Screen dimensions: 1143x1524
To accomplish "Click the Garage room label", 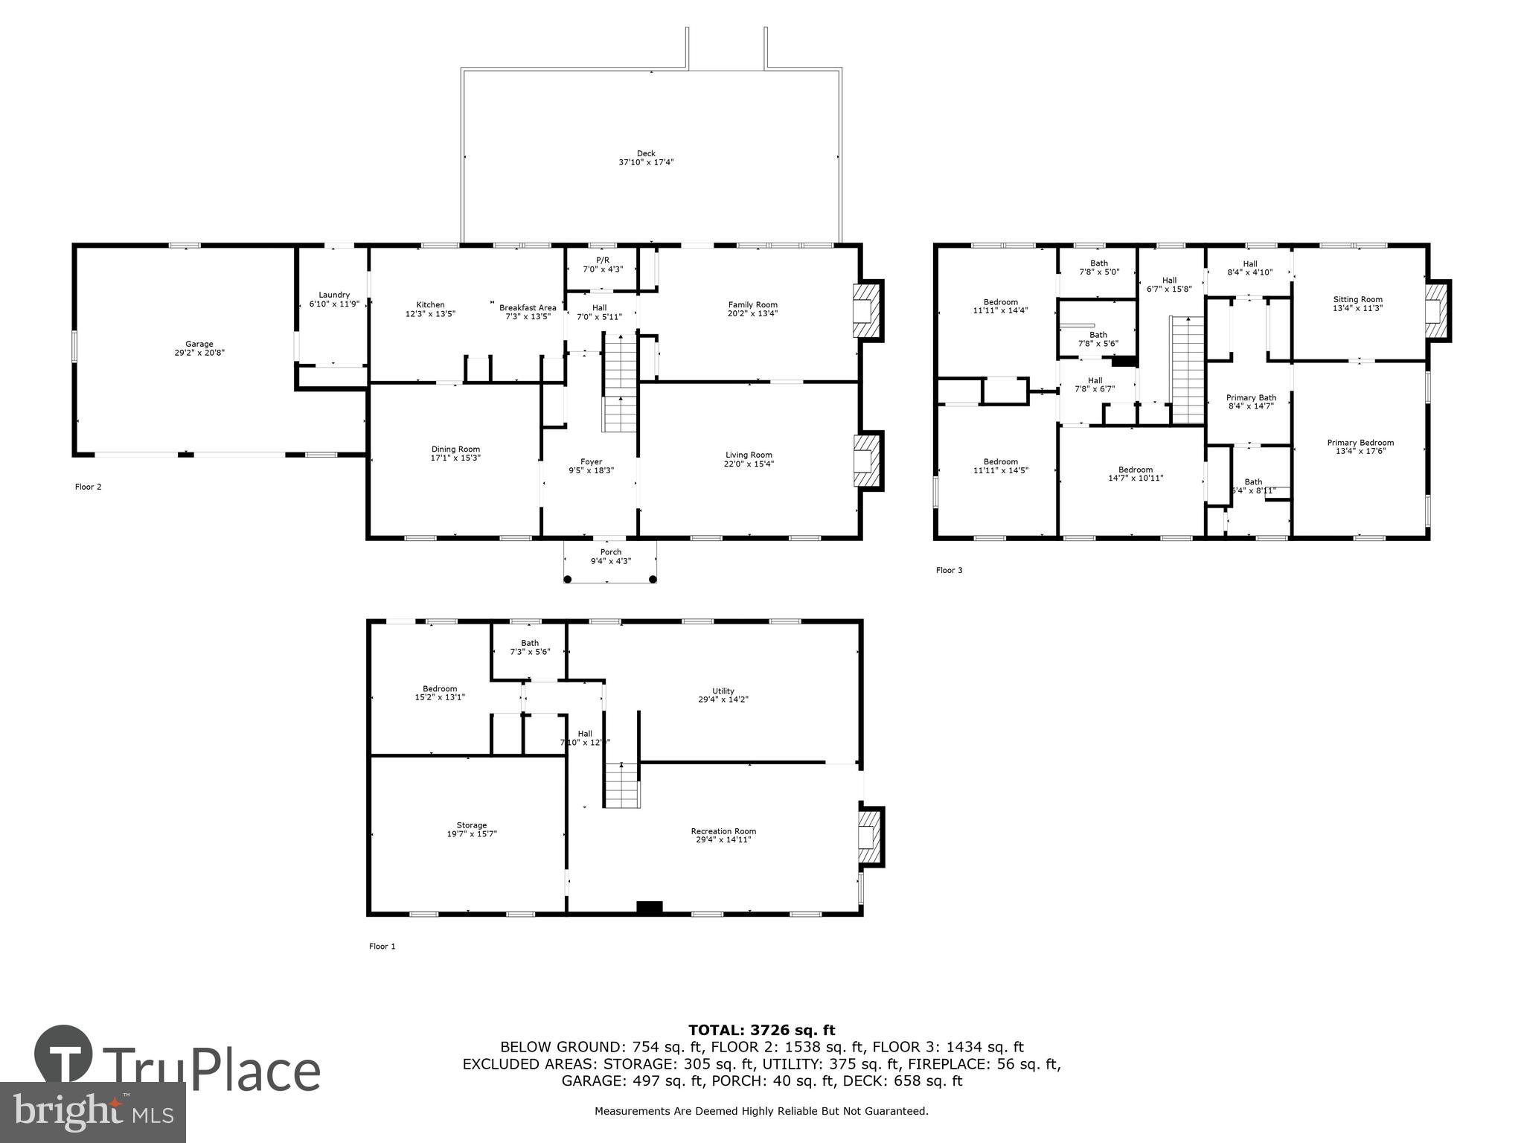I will [x=199, y=344].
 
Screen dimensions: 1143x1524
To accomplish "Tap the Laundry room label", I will [x=334, y=295].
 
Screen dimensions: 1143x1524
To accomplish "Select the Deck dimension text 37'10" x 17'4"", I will [x=646, y=162].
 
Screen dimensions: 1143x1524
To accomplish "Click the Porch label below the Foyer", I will [x=610, y=552].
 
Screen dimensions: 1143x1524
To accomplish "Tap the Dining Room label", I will [x=455, y=449].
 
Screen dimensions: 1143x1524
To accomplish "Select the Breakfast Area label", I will [x=528, y=307].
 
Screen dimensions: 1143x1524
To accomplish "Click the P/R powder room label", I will [x=602, y=260].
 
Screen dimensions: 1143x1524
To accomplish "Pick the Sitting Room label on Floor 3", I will [x=1357, y=299].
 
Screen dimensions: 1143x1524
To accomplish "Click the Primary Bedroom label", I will [x=1360, y=443].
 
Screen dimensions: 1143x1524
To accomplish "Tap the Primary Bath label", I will [x=1251, y=397].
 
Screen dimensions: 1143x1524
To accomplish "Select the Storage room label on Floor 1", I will [x=471, y=825].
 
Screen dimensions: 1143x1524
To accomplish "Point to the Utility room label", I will [x=723, y=691].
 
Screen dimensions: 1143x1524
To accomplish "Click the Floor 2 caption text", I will [x=88, y=487].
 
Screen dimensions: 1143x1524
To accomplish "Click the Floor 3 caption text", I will [x=949, y=570].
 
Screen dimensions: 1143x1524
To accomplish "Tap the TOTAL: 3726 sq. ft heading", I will [x=761, y=1030].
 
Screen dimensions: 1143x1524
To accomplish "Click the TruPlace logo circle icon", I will [x=63, y=1055].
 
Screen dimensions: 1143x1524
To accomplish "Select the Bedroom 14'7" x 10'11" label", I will [x=1135, y=470].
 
